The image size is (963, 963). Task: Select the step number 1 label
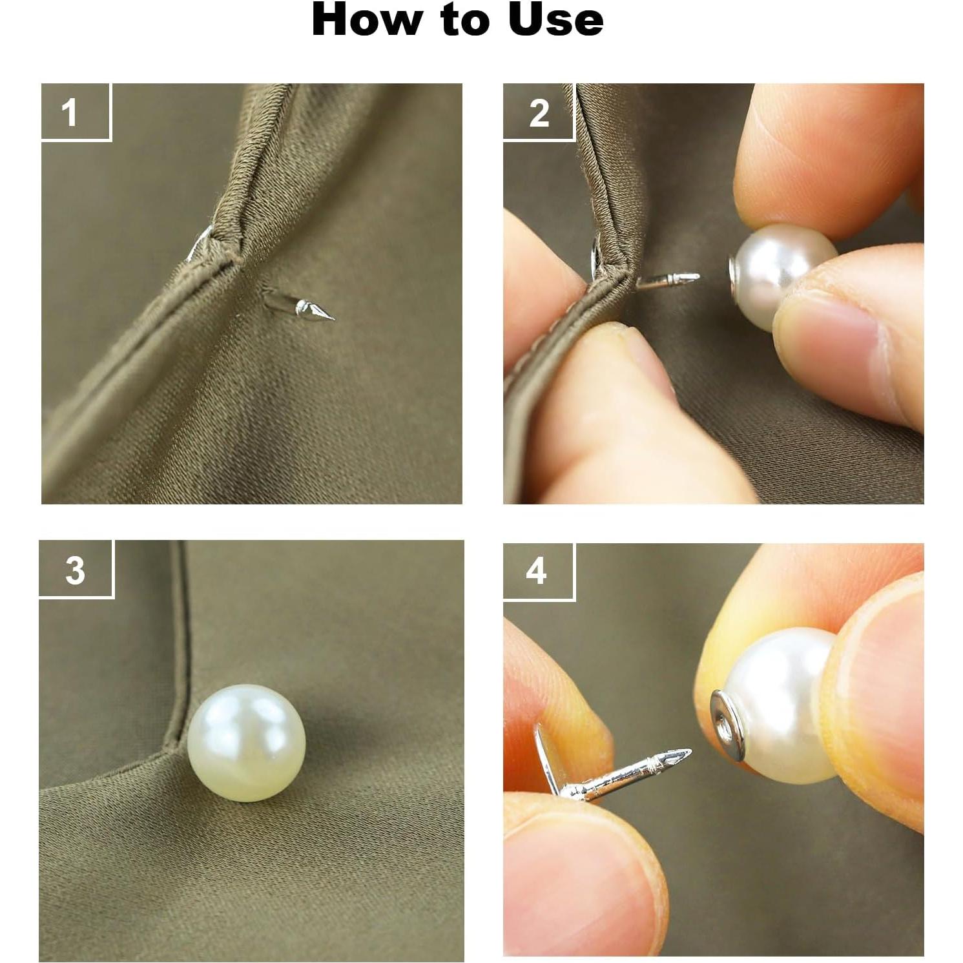(70, 112)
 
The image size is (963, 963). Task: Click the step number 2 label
(539, 112)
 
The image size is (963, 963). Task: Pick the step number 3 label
(75, 570)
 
